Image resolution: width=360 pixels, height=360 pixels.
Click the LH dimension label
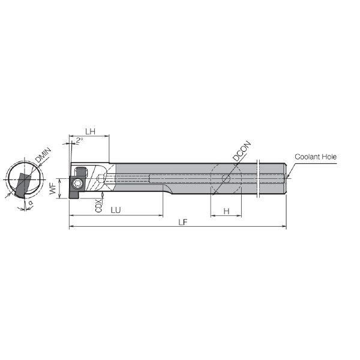pos(90,131)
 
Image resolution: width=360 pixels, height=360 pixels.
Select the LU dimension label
pos(116,210)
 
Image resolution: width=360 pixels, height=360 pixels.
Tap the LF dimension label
pos(183,222)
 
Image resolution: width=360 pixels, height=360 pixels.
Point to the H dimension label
pos(226,211)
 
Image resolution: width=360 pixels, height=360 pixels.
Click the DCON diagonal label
pos(242,151)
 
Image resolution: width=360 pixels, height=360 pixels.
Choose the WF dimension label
pos(53,188)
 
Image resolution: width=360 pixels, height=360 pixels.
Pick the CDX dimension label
pos(98,206)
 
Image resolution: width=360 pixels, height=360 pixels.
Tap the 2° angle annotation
pos(79,140)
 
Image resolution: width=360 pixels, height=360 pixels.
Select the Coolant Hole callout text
pos(316,157)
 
